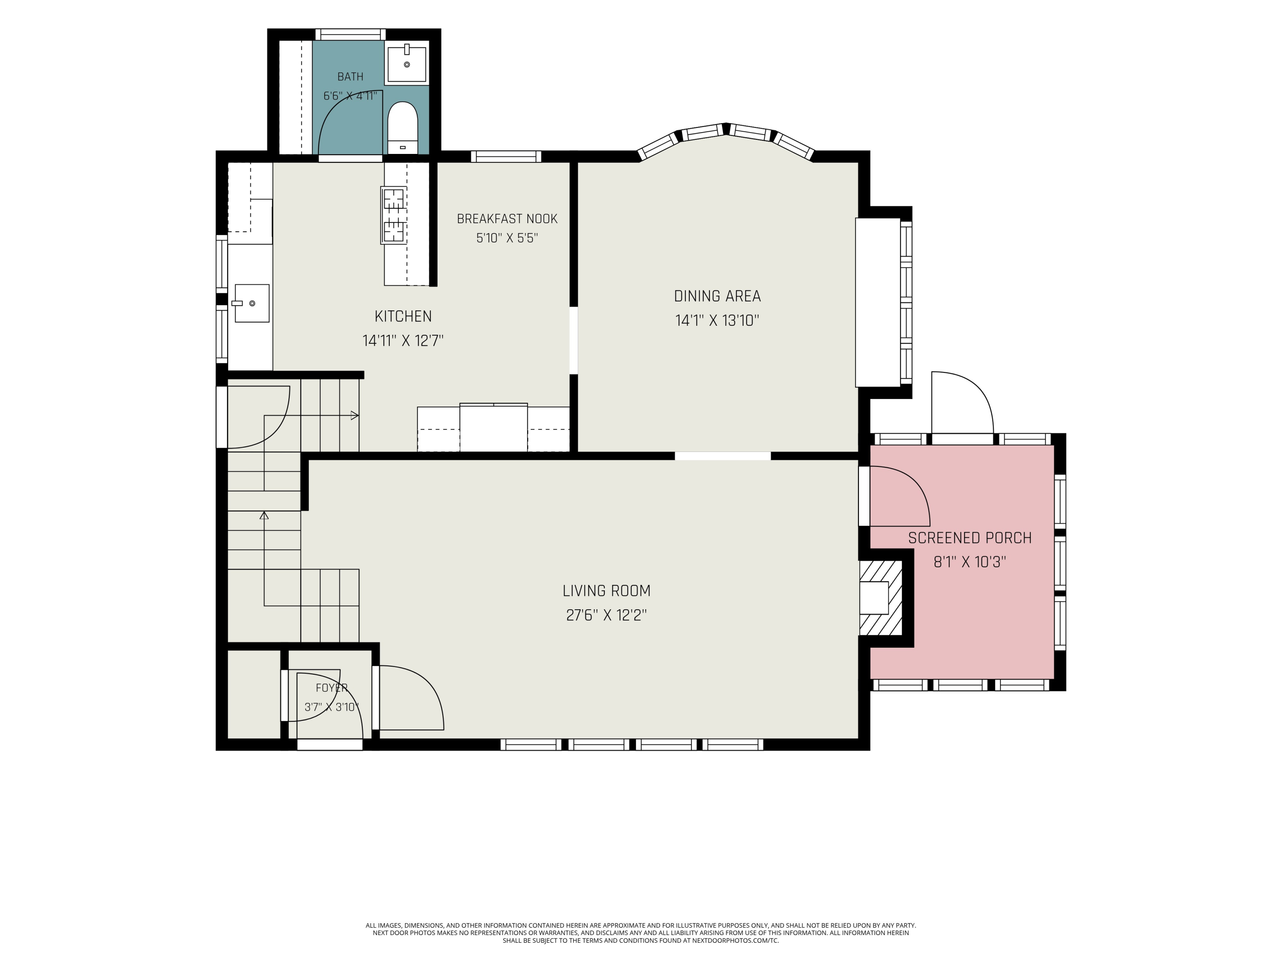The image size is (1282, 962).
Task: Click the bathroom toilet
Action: (x=402, y=127)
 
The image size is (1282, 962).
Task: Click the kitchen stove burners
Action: (x=394, y=215)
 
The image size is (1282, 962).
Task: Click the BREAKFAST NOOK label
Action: (x=507, y=218)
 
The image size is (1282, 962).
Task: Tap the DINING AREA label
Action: (x=717, y=296)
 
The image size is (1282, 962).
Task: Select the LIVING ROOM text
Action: (x=606, y=591)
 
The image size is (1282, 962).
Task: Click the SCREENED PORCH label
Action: (x=970, y=538)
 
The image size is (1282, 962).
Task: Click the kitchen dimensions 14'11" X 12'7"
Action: (x=403, y=340)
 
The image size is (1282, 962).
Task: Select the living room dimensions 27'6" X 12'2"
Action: (x=606, y=615)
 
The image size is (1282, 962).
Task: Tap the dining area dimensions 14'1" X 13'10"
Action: (x=717, y=321)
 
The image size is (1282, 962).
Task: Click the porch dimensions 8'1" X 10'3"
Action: (x=970, y=562)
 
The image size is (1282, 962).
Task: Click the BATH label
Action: (x=350, y=77)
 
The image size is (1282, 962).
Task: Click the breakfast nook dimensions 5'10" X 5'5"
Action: (x=507, y=238)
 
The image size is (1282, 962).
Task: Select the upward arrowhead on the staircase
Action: (x=264, y=515)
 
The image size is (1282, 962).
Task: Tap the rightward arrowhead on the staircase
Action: (x=355, y=415)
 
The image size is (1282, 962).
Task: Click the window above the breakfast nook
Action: (x=506, y=156)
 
